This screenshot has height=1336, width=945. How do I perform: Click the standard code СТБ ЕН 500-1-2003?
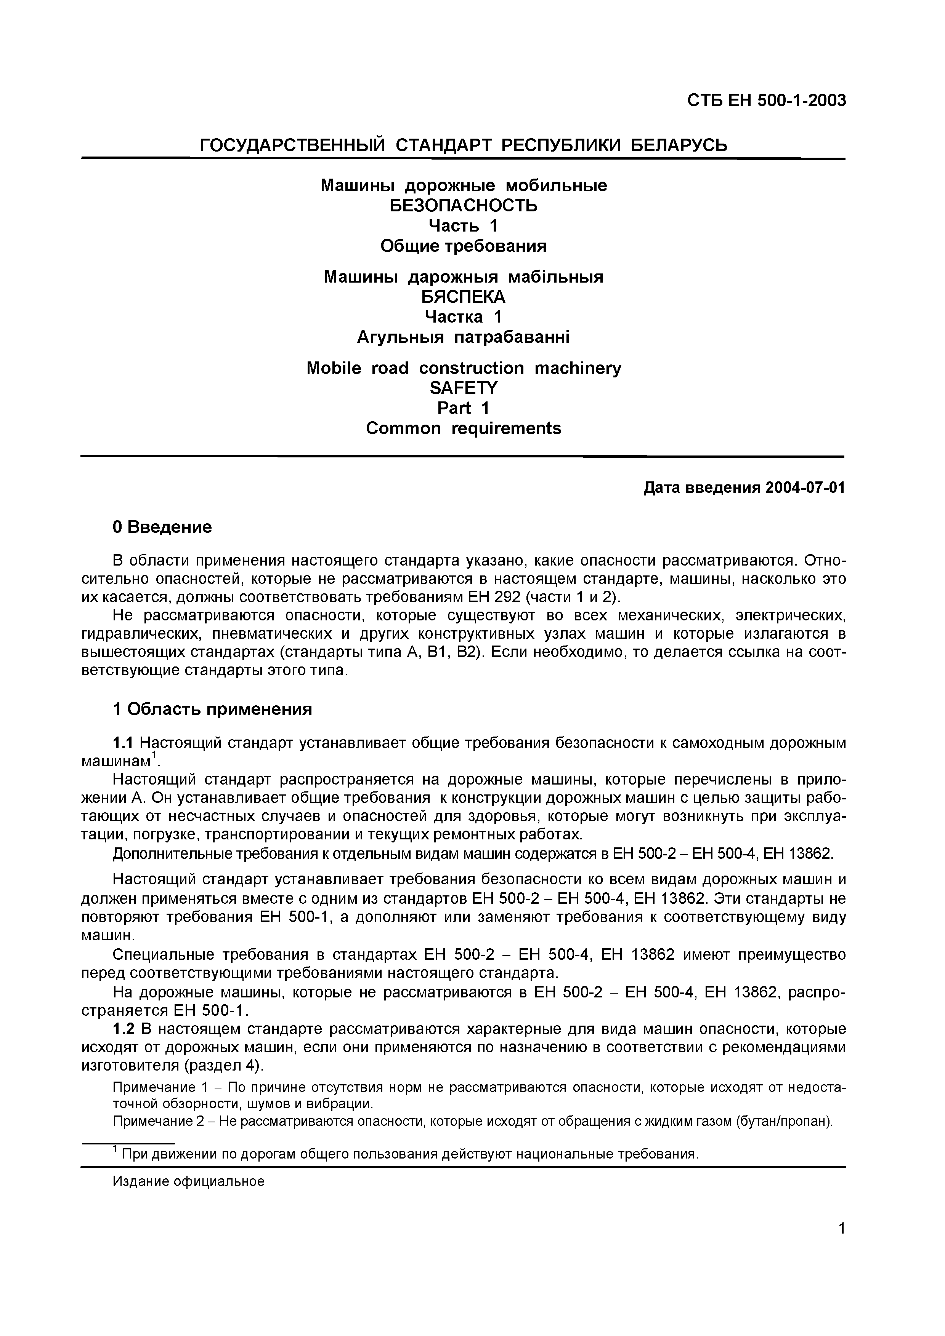(x=766, y=101)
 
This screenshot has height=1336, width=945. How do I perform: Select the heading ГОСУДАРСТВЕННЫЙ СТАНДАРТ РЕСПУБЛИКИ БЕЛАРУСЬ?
(x=464, y=145)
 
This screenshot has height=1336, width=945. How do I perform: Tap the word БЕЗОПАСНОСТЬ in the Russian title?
(x=464, y=205)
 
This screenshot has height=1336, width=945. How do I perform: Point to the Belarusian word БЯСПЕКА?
(x=464, y=297)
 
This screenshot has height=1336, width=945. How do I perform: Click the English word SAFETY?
(x=464, y=388)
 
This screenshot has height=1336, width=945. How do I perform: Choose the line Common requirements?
(x=464, y=428)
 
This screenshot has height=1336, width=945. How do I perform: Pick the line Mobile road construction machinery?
(x=464, y=368)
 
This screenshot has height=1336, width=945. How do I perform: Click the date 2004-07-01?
(x=805, y=487)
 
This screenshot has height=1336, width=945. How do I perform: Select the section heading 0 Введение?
(x=162, y=527)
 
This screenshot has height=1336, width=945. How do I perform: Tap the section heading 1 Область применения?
(x=212, y=709)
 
